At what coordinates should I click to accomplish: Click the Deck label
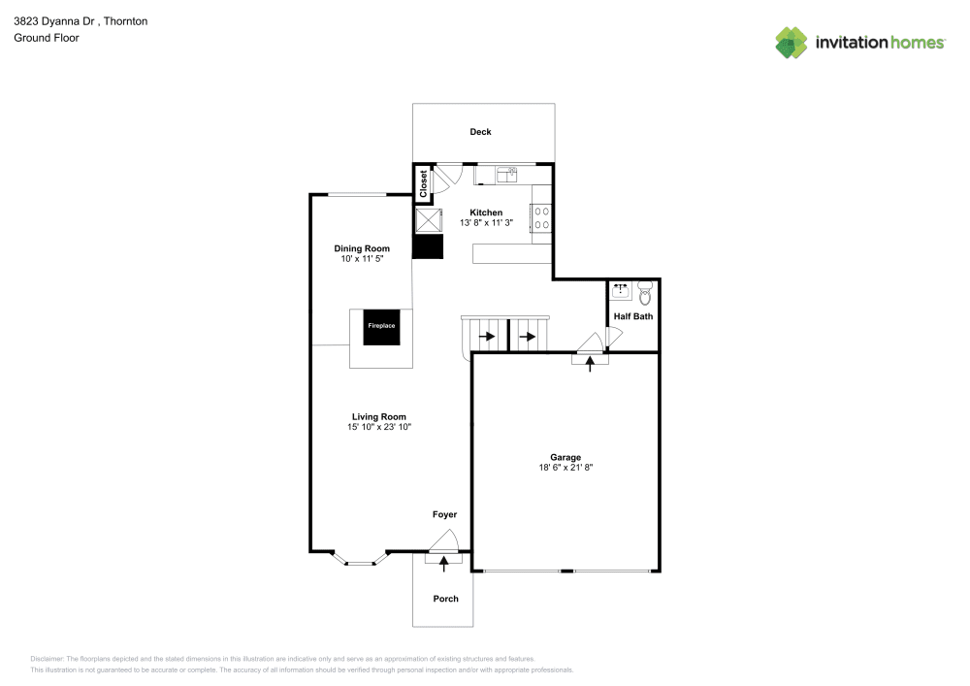coord(480,132)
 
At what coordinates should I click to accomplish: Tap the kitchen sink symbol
coord(506,175)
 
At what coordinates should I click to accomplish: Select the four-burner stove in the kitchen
coord(541,218)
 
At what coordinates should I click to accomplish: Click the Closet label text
coord(424,183)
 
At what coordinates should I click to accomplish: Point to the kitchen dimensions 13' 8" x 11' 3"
coord(486,223)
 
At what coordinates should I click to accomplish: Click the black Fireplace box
coord(381,327)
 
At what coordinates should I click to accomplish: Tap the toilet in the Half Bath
coord(645,294)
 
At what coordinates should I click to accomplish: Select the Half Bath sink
coord(621,291)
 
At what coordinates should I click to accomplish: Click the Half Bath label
coord(633,316)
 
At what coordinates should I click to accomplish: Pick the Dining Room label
coord(362,249)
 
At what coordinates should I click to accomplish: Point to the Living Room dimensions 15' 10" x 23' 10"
coord(379,427)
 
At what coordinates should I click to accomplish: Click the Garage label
coord(566,457)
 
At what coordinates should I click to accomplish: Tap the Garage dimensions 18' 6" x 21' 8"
coord(566,468)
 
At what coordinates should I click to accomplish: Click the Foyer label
coord(444,514)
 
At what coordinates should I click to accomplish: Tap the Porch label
coord(445,599)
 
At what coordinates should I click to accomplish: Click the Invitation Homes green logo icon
coord(791,42)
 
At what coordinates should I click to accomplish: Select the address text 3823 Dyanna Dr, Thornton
coord(81,20)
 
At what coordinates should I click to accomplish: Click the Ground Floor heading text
coord(47,38)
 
